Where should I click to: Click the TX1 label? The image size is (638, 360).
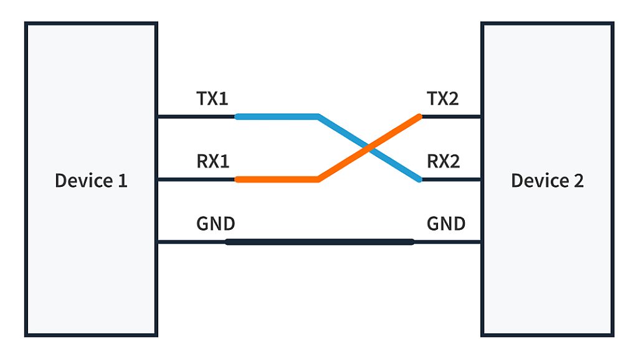point(212,98)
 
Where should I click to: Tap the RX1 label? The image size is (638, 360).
point(213,162)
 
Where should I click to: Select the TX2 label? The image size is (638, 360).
point(443,98)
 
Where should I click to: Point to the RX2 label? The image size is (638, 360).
point(444,162)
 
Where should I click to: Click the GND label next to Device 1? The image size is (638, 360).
point(216,224)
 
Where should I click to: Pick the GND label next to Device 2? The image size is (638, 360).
point(446,224)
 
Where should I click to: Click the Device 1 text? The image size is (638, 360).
point(91,181)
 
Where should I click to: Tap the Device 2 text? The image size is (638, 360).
point(547,181)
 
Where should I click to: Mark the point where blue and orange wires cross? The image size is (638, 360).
point(369,148)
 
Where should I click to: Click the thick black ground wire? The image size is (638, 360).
point(319,242)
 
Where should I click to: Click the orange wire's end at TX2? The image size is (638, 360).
point(419,116)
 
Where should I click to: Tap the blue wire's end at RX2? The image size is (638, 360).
point(419,180)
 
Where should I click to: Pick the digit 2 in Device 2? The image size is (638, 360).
point(578,181)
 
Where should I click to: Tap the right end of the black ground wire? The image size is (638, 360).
point(411,242)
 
